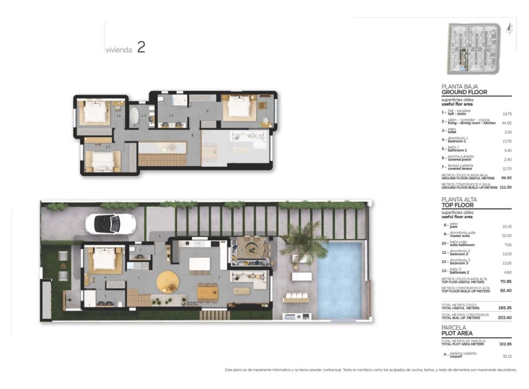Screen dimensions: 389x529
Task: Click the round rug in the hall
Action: click(168, 281)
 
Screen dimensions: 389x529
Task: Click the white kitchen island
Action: click(200, 263)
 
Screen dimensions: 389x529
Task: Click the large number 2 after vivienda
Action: click(141, 47)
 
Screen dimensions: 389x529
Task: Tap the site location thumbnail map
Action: click(475, 48)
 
